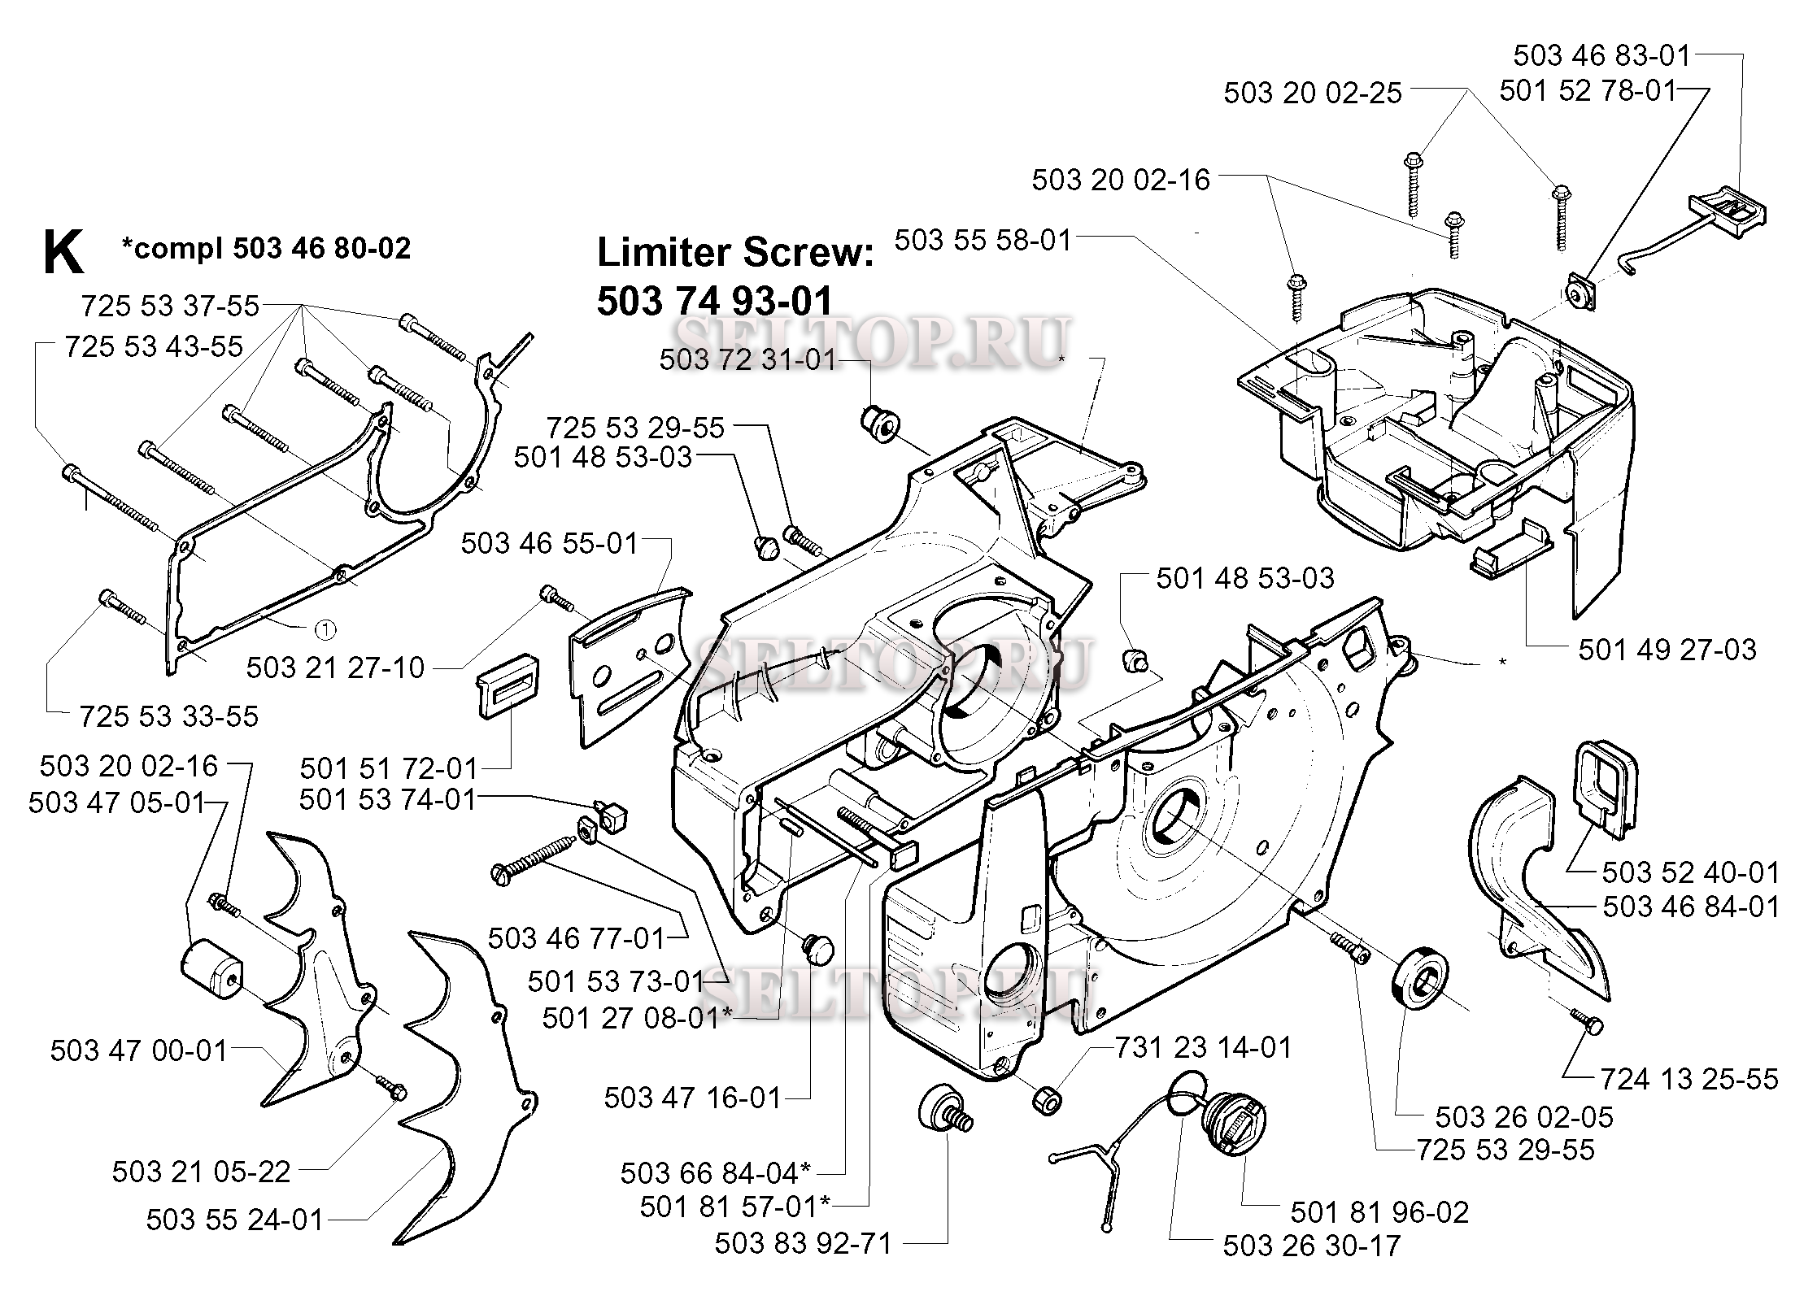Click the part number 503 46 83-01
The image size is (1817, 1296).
(1601, 55)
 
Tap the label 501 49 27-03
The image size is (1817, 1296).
(1667, 650)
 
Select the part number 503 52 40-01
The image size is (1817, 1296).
(1690, 872)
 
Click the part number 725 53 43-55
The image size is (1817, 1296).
(154, 347)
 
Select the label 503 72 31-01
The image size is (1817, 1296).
(747, 359)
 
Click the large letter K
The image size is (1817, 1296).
(63, 253)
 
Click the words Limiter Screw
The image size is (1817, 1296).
(735, 253)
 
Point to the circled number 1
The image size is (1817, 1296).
(324, 628)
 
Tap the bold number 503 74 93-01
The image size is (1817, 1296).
(715, 302)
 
